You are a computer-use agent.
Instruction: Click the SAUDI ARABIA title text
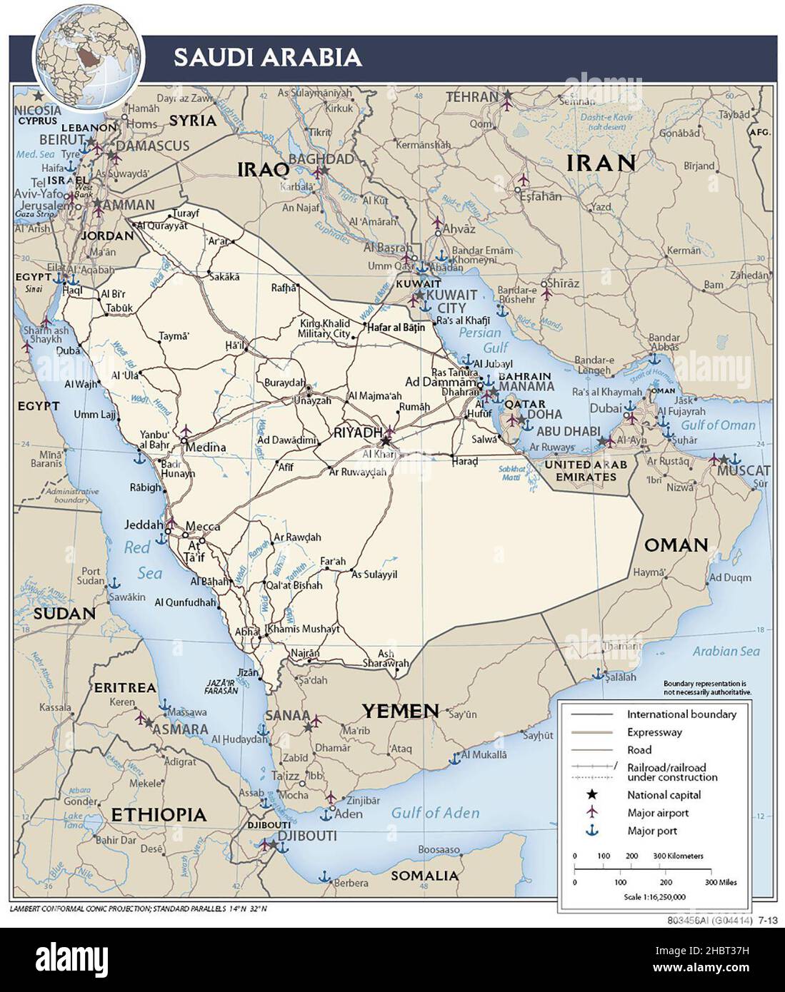pos(267,57)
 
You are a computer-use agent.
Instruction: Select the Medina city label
pos(206,447)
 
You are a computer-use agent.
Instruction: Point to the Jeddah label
pos(144,525)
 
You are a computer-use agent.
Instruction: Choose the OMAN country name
pos(676,546)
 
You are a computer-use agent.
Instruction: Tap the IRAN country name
pos(601,163)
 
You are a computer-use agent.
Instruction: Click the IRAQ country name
pos(263,169)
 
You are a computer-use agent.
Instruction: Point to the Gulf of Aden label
pos(435,813)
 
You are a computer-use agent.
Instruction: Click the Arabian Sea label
pos(726,651)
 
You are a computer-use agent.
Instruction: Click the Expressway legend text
pos(654,732)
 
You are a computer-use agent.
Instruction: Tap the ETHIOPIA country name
pos(159,815)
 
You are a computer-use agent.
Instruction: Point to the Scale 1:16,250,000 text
pos(654,897)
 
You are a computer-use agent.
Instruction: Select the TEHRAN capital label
pos(471,97)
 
